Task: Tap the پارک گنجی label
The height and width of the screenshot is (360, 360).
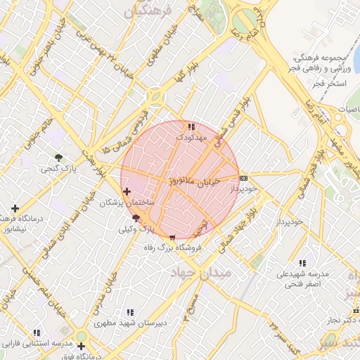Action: [x=57, y=168]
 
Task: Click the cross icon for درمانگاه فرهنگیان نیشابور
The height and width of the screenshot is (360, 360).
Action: [x=15, y=209]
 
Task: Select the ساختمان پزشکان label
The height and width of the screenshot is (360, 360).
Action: [x=128, y=202]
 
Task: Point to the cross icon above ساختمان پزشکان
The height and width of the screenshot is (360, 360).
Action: [x=127, y=191]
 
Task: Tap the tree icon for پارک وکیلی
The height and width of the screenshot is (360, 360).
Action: [x=136, y=219]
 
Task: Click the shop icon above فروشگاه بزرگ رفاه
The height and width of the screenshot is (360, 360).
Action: [x=173, y=238]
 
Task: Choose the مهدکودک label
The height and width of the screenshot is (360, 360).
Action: [x=191, y=137]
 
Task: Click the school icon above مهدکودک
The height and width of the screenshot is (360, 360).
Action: [x=191, y=127]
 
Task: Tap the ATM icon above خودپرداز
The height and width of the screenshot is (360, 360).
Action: [x=243, y=178]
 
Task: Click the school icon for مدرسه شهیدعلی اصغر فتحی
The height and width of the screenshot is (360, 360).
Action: [x=302, y=263]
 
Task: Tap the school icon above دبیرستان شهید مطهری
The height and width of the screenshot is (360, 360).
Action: [x=130, y=312]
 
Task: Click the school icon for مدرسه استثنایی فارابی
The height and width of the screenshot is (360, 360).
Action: [x=36, y=333]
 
